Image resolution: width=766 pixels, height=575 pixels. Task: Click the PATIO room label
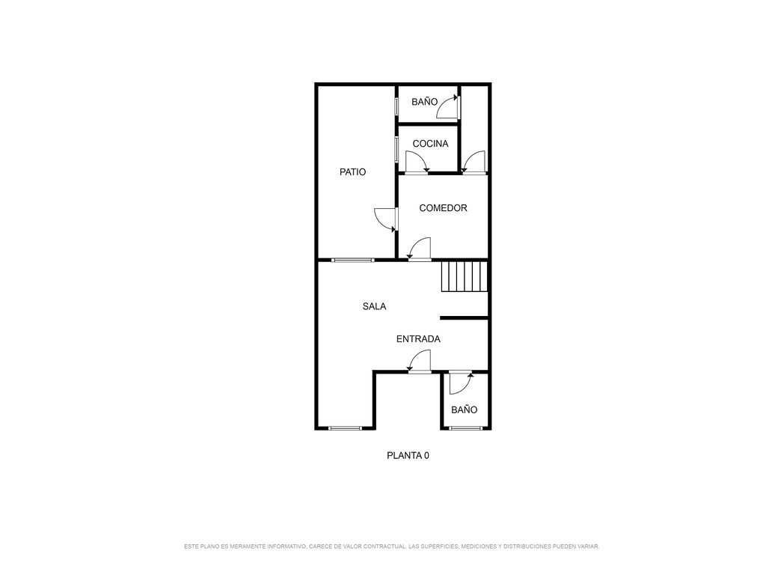(x=352, y=172)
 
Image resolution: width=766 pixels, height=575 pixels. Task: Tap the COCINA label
(x=430, y=144)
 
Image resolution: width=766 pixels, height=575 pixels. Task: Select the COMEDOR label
(x=443, y=208)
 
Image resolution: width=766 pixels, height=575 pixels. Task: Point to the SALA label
(x=374, y=306)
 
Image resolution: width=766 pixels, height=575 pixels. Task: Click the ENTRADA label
(x=418, y=339)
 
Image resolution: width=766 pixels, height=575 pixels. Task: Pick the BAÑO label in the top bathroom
(x=425, y=102)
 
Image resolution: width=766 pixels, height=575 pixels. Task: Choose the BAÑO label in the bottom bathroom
(x=464, y=410)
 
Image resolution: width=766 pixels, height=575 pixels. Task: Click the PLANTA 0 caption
(x=408, y=456)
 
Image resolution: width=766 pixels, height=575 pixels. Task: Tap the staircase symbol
(x=465, y=276)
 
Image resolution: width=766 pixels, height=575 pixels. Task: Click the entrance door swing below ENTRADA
(x=419, y=362)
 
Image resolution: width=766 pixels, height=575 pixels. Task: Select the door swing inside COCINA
(x=417, y=162)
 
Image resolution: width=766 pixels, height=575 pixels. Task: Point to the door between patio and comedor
(x=386, y=219)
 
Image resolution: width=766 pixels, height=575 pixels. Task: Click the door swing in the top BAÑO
(x=448, y=107)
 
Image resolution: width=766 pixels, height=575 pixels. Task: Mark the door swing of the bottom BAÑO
(x=461, y=383)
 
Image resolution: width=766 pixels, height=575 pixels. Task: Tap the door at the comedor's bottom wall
(x=419, y=249)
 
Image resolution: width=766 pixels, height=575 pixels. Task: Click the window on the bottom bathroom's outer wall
(x=466, y=428)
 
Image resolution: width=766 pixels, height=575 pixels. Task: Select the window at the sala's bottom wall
(x=346, y=428)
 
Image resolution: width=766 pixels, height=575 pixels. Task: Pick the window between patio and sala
(x=353, y=260)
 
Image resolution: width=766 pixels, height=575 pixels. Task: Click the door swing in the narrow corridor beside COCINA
(x=474, y=162)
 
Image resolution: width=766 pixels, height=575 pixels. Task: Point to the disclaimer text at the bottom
(x=392, y=546)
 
